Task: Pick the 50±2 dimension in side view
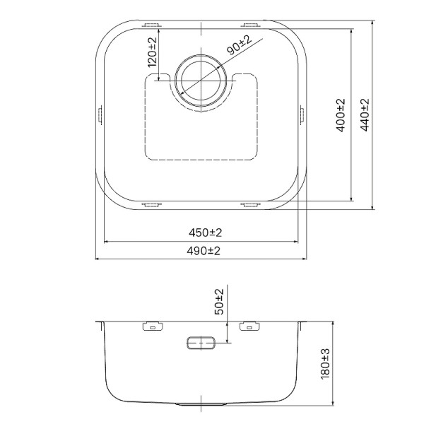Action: pyautogui.click(x=219, y=302)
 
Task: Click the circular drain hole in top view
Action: pyautogui.click(x=201, y=79)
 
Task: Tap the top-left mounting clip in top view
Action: pyautogui.click(x=151, y=25)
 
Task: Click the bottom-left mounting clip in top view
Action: pyautogui.click(x=151, y=206)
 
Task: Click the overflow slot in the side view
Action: pyautogui.click(x=201, y=343)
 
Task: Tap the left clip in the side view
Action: pyautogui.click(x=151, y=326)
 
